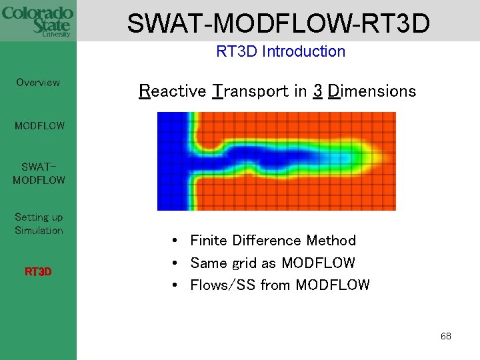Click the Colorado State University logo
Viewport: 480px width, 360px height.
[38, 21]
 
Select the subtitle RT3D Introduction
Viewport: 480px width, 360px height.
[281, 51]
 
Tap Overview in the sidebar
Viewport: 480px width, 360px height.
[38, 83]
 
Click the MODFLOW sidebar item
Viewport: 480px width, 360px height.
[39, 125]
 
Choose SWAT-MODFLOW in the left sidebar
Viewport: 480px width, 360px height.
[39, 173]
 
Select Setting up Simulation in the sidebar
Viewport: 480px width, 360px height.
[39, 223]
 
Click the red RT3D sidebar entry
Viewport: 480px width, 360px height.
[38, 272]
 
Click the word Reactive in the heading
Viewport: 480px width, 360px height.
[172, 91]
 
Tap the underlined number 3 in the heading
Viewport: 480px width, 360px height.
[318, 91]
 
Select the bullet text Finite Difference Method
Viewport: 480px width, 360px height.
[273, 240]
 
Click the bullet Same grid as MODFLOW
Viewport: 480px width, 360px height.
[272, 263]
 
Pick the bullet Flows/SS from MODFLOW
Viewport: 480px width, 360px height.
[279, 285]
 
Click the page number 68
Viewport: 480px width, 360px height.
[445, 336]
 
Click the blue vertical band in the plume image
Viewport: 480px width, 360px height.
[172, 161]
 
